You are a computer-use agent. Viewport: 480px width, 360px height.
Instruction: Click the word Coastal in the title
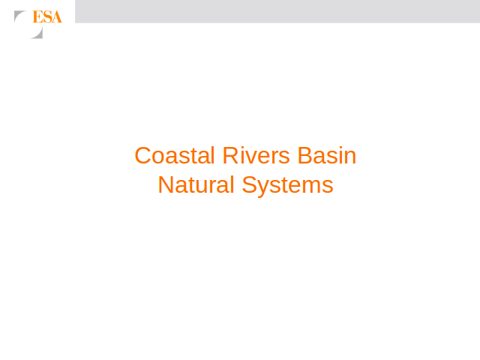click(x=175, y=155)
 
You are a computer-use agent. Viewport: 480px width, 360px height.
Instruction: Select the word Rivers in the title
click(x=256, y=155)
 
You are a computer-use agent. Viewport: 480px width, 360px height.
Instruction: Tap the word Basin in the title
click(x=327, y=155)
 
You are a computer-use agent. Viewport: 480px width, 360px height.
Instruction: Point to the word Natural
click(x=196, y=184)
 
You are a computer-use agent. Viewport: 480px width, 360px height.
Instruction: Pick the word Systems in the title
click(x=287, y=186)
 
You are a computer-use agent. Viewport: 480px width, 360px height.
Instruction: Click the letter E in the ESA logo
click(x=37, y=16)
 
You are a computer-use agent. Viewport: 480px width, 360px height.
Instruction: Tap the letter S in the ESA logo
click(x=46, y=16)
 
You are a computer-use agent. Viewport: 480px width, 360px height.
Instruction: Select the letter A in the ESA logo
click(x=56, y=16)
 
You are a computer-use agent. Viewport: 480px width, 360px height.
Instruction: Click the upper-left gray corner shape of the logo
click(x=18, y=14)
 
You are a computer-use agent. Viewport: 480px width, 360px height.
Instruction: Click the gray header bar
click(x=277, y=11)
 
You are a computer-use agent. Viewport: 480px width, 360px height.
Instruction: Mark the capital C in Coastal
click(x=142, y=155)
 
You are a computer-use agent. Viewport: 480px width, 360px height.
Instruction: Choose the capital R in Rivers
click(x=230, y=155)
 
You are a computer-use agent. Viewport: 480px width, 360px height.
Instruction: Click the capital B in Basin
click(x=305, y=155)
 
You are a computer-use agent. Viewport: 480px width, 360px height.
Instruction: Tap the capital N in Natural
click(x=166, y=184)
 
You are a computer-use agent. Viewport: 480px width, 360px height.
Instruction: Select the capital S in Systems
click(x=250, y=184)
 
